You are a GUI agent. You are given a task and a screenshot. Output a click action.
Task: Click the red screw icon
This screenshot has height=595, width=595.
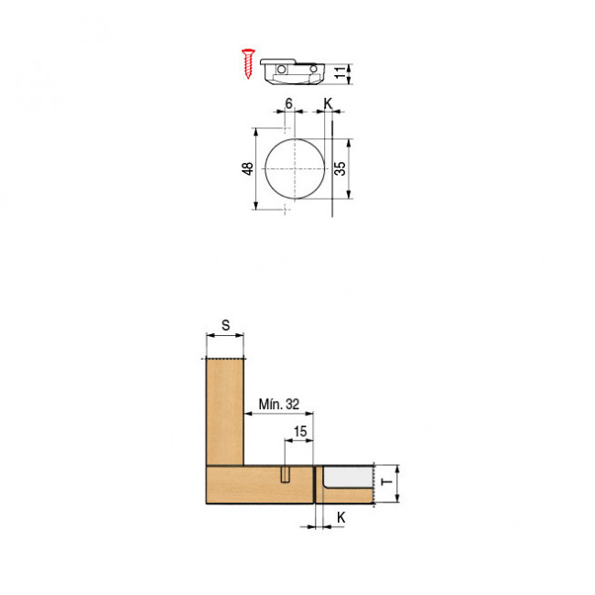(248, 64)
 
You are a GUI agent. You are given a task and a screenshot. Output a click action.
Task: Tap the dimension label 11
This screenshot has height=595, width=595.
(341, 72)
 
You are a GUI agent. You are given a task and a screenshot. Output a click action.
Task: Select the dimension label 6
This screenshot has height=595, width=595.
(288, 103)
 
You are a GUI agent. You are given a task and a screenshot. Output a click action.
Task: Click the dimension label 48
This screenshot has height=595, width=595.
(247, 168)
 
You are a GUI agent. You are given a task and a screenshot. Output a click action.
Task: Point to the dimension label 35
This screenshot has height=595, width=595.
(340, 168)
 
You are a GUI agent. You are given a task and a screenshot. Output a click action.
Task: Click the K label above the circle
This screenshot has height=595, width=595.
(328, 103)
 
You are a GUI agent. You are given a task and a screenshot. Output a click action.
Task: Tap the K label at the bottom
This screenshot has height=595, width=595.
(341, 517)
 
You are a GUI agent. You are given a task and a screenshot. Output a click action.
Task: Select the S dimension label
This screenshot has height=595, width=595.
(225, 325)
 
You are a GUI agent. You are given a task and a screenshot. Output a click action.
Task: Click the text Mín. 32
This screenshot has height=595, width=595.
(279, 404)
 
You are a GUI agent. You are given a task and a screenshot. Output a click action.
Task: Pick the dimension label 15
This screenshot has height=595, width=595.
(300, 431)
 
